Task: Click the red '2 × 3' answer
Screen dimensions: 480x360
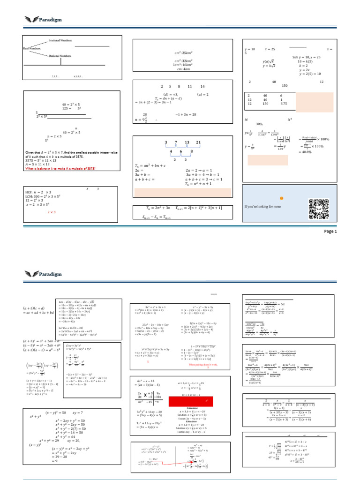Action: coord(52,212)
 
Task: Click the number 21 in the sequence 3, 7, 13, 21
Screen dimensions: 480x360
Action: coord(199,142)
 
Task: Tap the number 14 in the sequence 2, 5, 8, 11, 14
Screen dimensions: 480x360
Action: coord(202,87)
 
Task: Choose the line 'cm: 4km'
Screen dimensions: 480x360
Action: coord(181,69)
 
